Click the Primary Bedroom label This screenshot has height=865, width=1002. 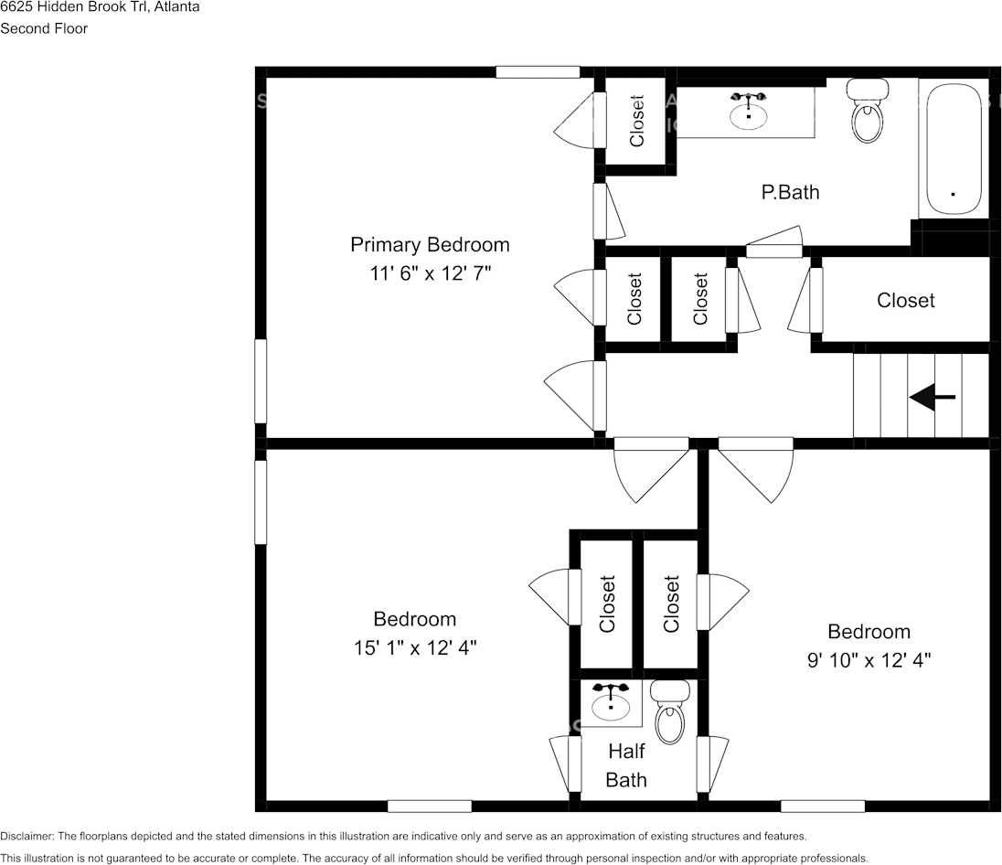[430, 245]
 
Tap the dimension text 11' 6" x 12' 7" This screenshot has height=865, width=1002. [430, 273]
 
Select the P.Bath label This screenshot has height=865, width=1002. [790, 192]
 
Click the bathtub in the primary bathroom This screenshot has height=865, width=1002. [954, 149]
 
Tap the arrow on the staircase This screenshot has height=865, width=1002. [932, 397]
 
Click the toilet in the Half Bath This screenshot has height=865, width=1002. [669, 711]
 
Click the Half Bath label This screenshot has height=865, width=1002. [626, 765]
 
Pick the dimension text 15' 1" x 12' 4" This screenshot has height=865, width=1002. [415, 647]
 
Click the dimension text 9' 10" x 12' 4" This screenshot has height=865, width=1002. [869, 658]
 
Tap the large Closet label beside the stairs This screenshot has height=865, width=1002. [905, 300]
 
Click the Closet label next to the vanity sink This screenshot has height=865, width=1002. [637, 121]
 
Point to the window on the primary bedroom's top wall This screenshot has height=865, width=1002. [538, 72]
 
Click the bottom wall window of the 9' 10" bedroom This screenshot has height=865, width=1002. [822, 806]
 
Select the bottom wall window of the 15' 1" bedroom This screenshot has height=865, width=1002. [429, 806]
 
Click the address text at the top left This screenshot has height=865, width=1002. [100, 7]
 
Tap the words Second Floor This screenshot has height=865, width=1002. [44, 28]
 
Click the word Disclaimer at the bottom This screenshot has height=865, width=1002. [27, 836]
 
